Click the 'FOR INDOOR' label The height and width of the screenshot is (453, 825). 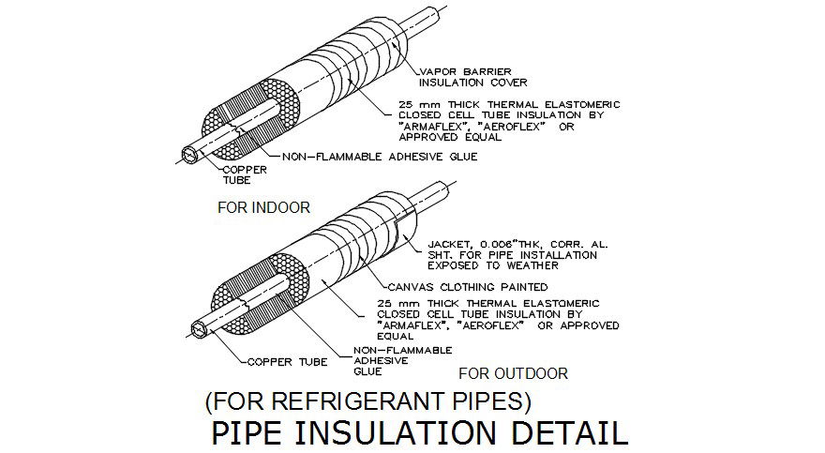(x=263, y=207)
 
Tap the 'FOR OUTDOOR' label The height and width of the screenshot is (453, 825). (x=514, y=373)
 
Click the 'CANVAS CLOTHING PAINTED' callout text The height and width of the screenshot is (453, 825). (x=467, y=286)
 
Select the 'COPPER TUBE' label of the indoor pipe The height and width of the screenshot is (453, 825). (x=245, y=175)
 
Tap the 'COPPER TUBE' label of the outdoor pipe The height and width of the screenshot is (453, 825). (x=288, y=361)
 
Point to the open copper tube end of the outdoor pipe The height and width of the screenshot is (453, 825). (x=198, y=329)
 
